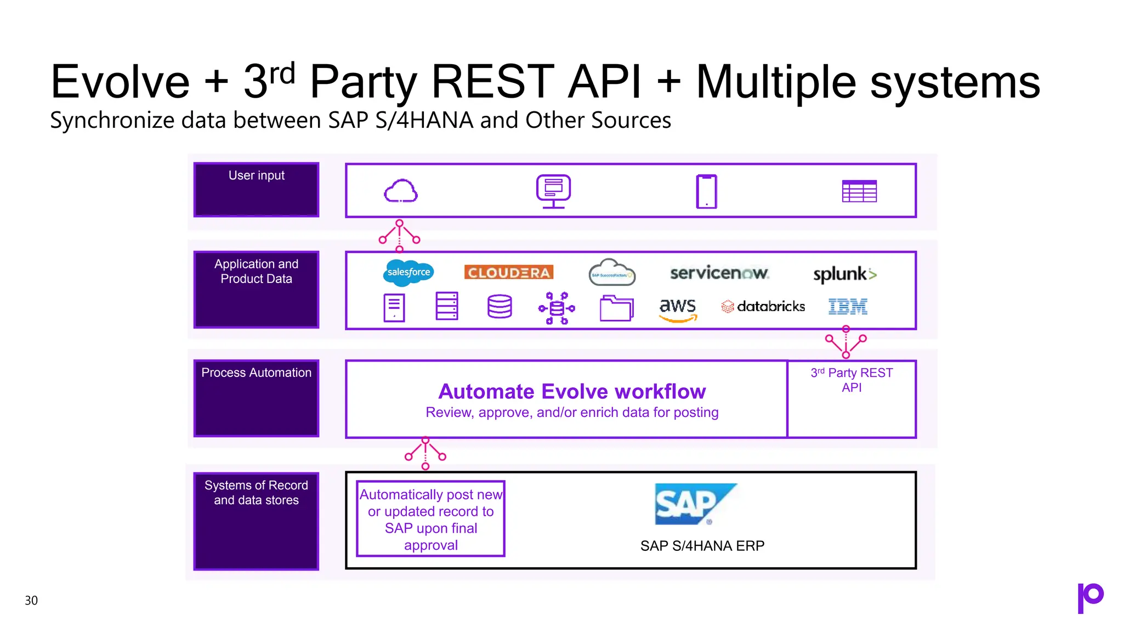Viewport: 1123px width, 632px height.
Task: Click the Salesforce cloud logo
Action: click(408, 273)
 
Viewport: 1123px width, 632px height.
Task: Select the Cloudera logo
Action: click(508, 273)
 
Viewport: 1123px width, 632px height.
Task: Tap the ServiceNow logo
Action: click(719, 273)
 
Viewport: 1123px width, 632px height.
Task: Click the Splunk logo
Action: click(844, 274)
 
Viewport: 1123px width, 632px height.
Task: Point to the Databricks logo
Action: click(763, 307)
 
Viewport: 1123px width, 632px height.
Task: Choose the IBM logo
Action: click(848, 307)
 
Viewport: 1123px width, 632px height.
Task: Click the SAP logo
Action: click(695, 504)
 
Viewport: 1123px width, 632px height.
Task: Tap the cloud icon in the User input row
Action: click(401, 191)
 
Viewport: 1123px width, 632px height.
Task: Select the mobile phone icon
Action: click(706, 191)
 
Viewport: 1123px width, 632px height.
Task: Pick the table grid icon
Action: click(859, 191)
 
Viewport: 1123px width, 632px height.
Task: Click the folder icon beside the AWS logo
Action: click(616, 308)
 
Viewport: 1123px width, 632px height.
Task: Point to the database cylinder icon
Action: click(500, 307)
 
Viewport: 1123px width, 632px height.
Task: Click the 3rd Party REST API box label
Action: click(852, 380)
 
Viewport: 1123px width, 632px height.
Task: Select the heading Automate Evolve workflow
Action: click(572, 392)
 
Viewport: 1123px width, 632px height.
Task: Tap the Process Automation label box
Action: click(256, 398)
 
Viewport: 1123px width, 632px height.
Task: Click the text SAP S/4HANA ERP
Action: click(702, 546)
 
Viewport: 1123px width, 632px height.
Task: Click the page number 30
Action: click(31, 600)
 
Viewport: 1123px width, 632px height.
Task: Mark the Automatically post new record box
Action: click(430, 519)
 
